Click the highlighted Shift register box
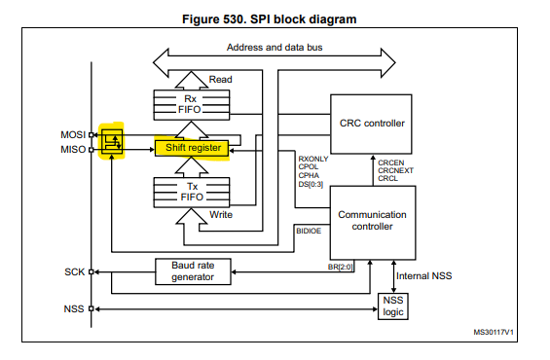coord(190,148)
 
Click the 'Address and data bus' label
coord(276,48)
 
